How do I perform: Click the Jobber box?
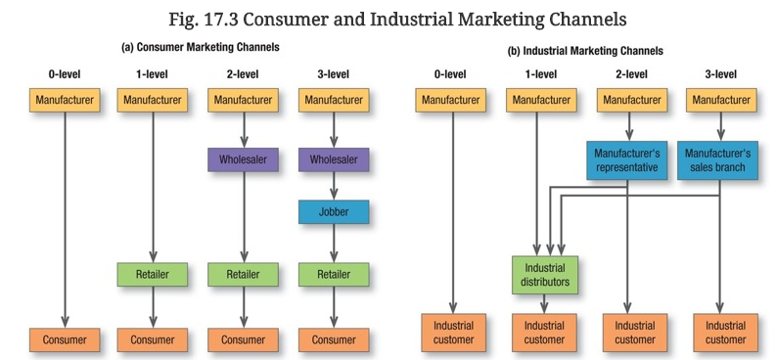coord(334,211)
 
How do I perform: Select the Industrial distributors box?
coord(545,275)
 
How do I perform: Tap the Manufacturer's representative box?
coord(627,160)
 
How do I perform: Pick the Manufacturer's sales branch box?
coord(718,160)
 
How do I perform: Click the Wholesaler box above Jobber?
coord(334,158)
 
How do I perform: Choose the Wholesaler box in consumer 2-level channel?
coord(244,158)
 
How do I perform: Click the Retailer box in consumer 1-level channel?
coord(153,275)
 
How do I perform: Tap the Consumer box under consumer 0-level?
coord(64,339)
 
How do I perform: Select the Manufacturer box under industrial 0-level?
coord(452,99)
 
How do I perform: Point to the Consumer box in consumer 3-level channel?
coord(334,339)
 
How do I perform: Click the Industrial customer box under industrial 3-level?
coord(725,332)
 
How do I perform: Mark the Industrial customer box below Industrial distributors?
coord(545,332)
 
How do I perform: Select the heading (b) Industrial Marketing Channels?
coord(585,50)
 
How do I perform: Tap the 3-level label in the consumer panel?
coord(333,73)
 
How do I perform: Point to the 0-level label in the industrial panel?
coord(452,73)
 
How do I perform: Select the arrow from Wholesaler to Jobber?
coord(334,185)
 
